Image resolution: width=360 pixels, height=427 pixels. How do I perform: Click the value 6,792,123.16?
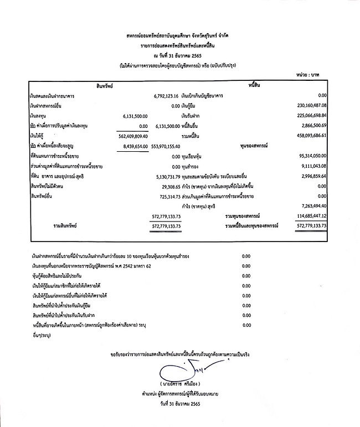pyautogui.click(x=172, y=96)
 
